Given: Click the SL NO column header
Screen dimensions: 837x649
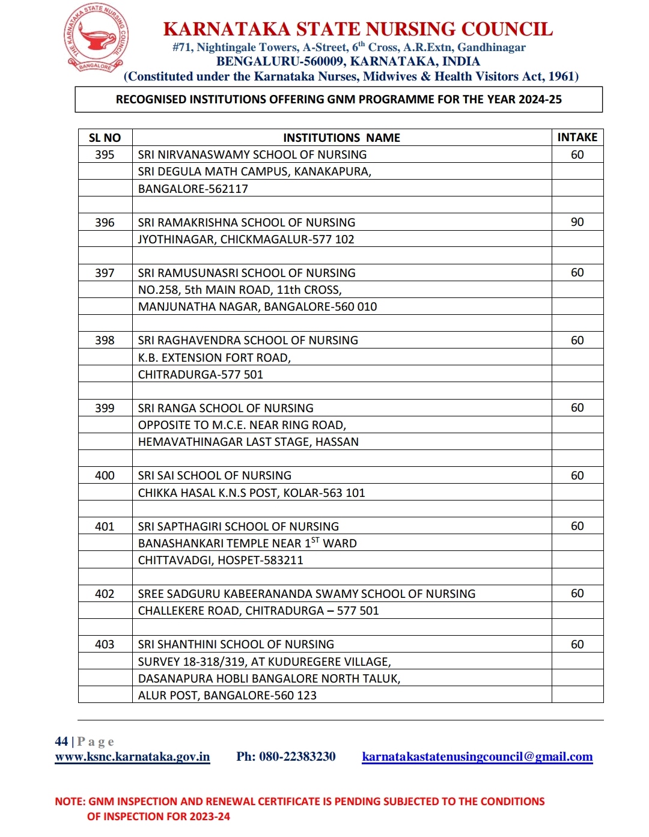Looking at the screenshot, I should (105, 138).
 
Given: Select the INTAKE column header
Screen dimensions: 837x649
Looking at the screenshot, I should (577, 137).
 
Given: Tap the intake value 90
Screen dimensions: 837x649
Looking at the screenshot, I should (577, 222).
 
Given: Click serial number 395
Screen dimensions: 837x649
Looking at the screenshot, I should (105, 154).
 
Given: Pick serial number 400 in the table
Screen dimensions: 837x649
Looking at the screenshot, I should (105, 475).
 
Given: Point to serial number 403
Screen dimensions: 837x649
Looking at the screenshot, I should (105, 644).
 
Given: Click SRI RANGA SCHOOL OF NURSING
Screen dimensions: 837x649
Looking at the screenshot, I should (225, 408).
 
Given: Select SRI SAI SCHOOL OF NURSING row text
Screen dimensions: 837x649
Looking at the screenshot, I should (215, 475).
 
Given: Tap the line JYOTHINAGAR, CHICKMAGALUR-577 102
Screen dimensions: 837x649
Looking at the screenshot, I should (246, 239).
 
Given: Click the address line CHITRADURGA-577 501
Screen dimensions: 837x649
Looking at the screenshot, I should (201, 374).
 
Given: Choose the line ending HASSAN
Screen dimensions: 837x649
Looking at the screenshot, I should (248, 442).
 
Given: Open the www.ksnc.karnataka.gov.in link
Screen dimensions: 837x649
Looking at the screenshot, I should (132, 756).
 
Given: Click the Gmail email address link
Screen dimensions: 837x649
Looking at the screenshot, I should (477, 756).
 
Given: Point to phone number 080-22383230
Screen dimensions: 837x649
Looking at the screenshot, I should (297, 756).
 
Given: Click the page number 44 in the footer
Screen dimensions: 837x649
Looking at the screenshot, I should (61, 741).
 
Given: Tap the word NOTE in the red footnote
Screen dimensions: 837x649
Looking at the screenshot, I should (69, 802).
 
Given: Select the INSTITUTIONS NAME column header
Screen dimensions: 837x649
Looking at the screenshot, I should (341, 138).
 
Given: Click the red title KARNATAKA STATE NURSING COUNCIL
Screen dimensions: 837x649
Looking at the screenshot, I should (358, 29).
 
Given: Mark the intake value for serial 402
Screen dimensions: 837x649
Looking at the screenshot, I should (577, 594).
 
